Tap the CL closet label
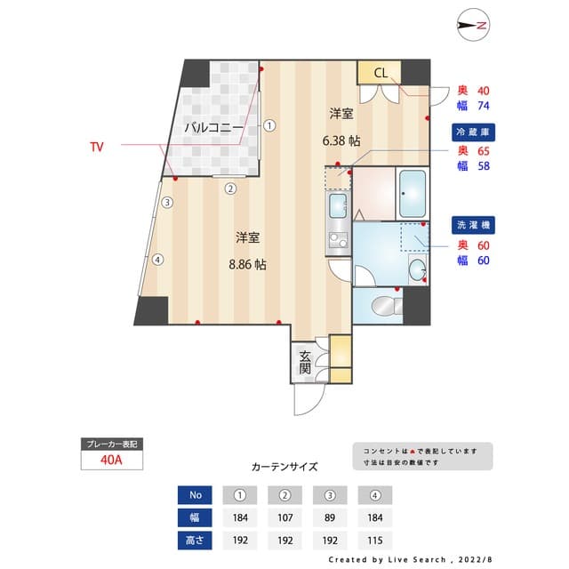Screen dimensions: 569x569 [380, 73]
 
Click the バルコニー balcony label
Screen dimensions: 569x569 [213, 128]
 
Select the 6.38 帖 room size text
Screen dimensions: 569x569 [341, 140]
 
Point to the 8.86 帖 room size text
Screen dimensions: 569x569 [247, 264]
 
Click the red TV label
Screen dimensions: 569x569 [98, 145]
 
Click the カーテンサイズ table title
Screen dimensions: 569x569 [284, 466]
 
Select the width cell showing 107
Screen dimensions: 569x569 [285, 517]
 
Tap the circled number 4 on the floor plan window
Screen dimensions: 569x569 [157, 260]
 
